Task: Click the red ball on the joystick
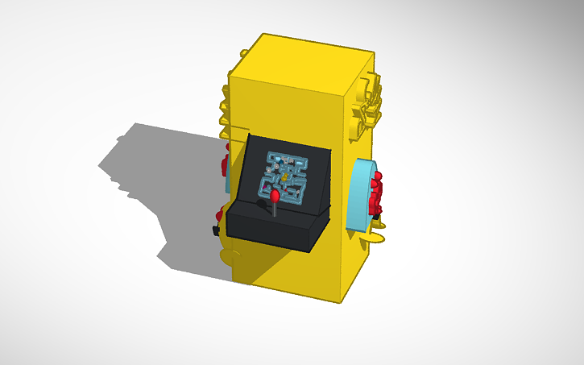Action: (x=275, y=194)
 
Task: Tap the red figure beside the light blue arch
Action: (x=376, y=193)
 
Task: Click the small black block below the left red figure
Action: (x=216, y=231)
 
